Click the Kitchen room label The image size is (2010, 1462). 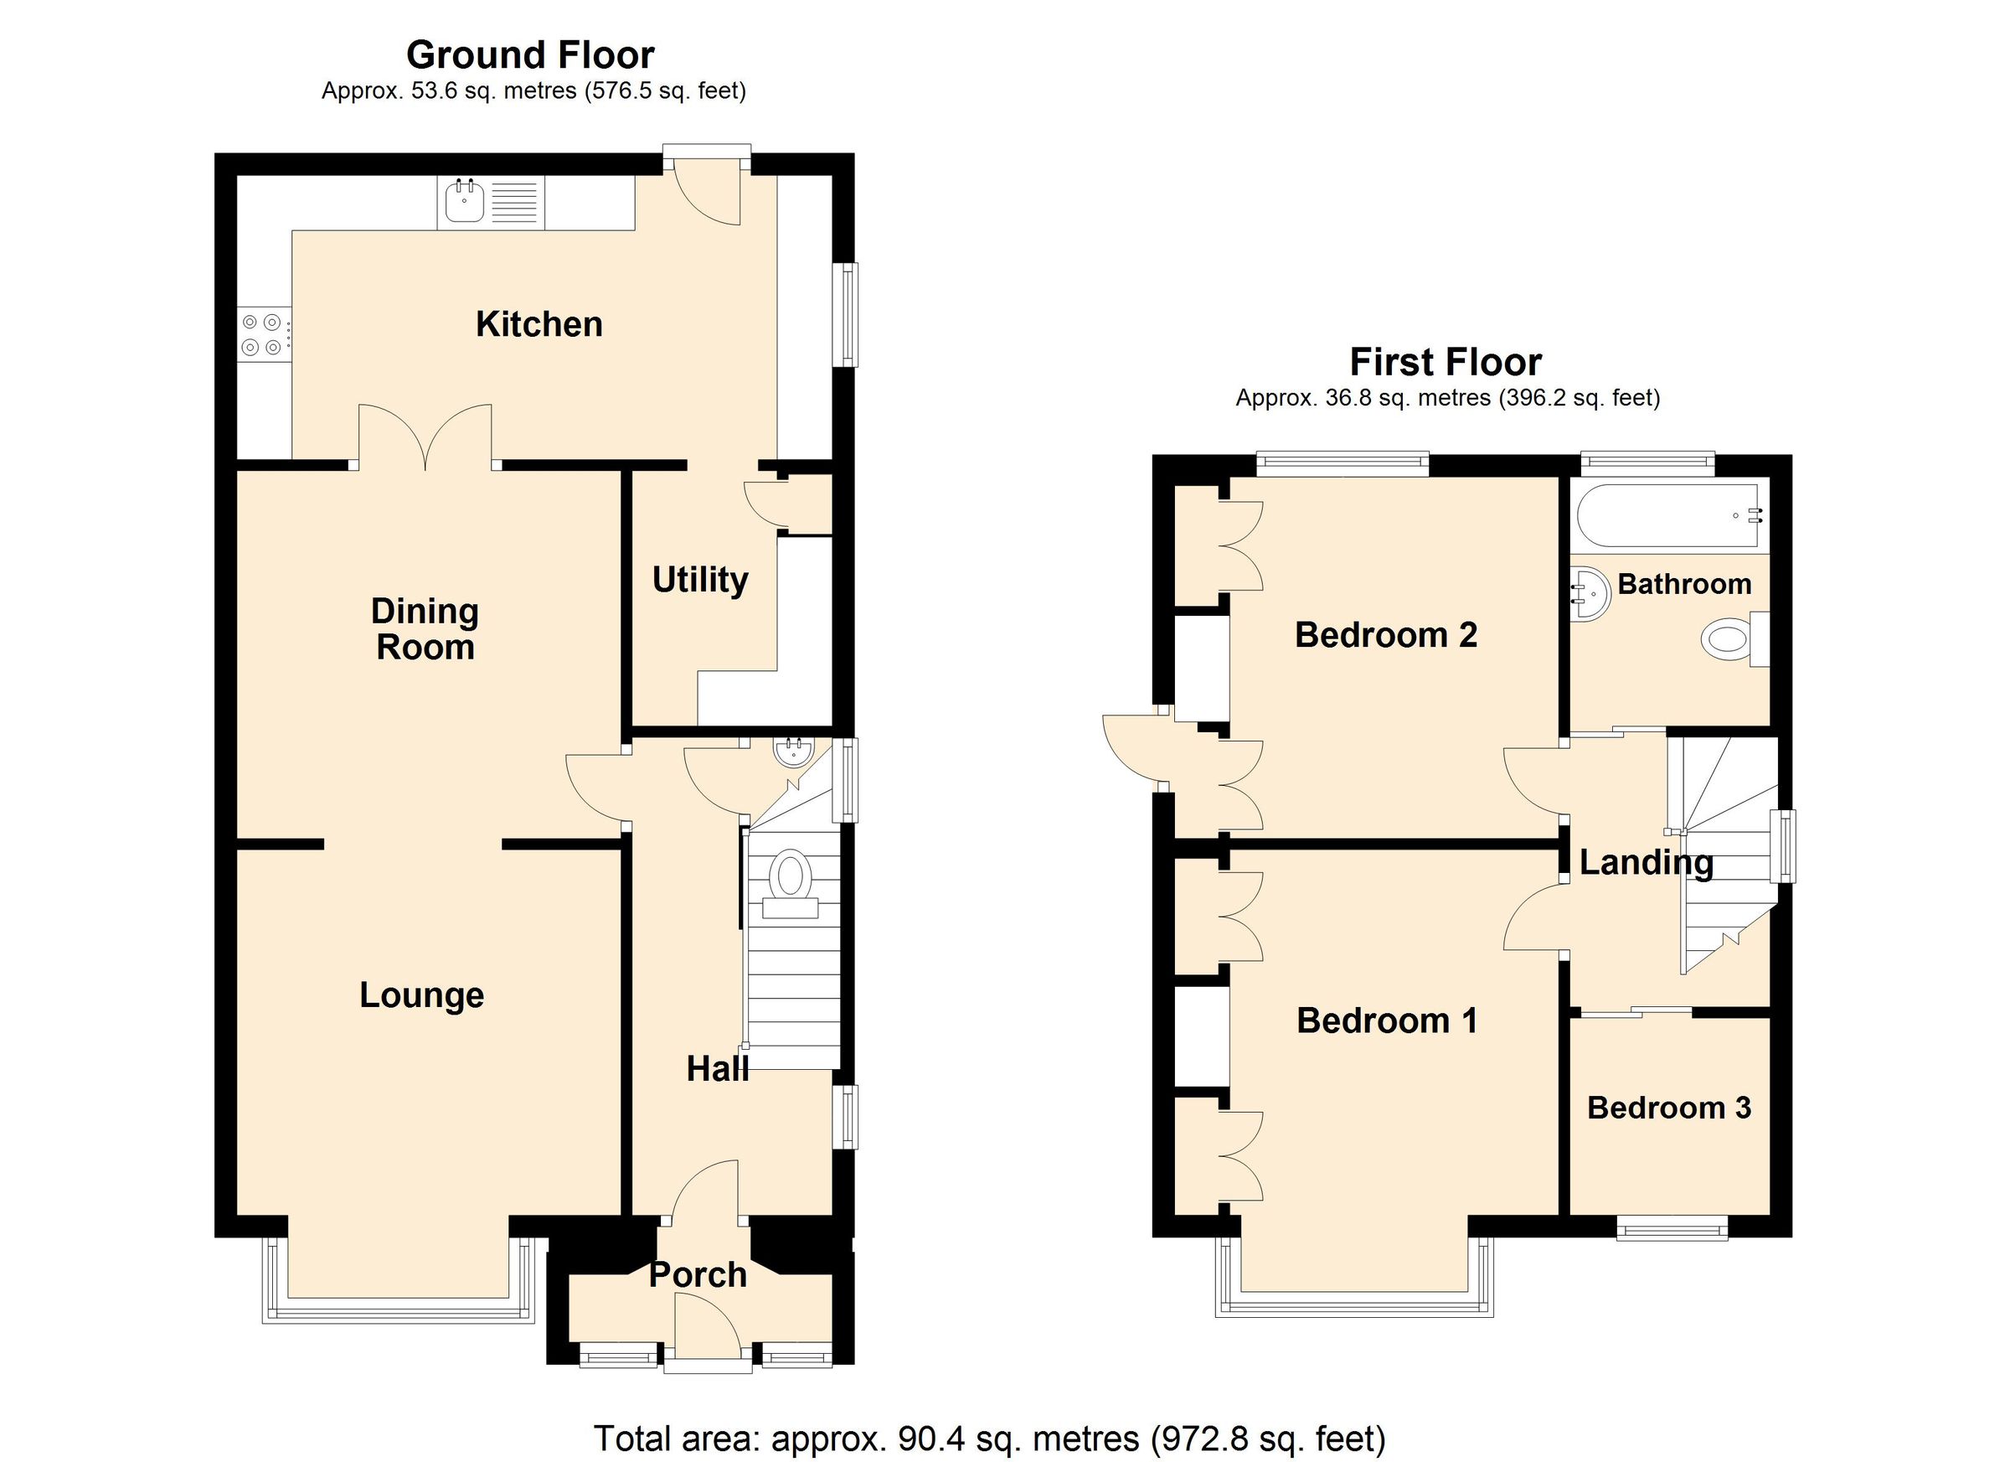(539, 324)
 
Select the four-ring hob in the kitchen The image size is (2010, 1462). (262, 335)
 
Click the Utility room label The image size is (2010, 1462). (700, 580)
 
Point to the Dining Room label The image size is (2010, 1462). (425, 629)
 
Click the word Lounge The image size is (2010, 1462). (422, 994)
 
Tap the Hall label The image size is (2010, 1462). (717, 1069)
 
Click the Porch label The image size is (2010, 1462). (698, 1275)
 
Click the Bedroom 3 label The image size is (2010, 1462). (1669, 1108)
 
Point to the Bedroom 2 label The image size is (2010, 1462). (1386, 635)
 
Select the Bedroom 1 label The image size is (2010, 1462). (1387, 1020)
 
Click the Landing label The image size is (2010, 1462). (1646, 862)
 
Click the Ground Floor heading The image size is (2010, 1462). (530, 55)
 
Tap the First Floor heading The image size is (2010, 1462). (1446, 362)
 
